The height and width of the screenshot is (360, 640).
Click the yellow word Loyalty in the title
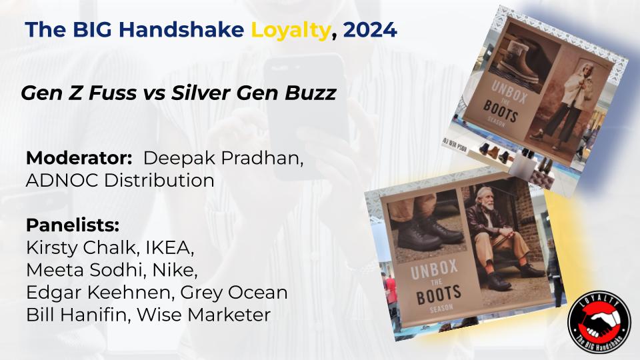point(290,30)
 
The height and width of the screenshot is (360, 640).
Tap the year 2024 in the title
point(370,30)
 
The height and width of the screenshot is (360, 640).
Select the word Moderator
point(79,159)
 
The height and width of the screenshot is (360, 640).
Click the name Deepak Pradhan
point(223,159)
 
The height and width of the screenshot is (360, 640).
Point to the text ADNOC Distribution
point(120,181)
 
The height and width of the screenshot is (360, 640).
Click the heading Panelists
point(73,225)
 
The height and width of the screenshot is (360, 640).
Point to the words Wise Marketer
point(204,315)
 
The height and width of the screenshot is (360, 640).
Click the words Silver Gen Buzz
point(253,93)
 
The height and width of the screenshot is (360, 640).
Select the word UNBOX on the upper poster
point(509,93)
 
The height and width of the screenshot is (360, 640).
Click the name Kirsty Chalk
point(81,248)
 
